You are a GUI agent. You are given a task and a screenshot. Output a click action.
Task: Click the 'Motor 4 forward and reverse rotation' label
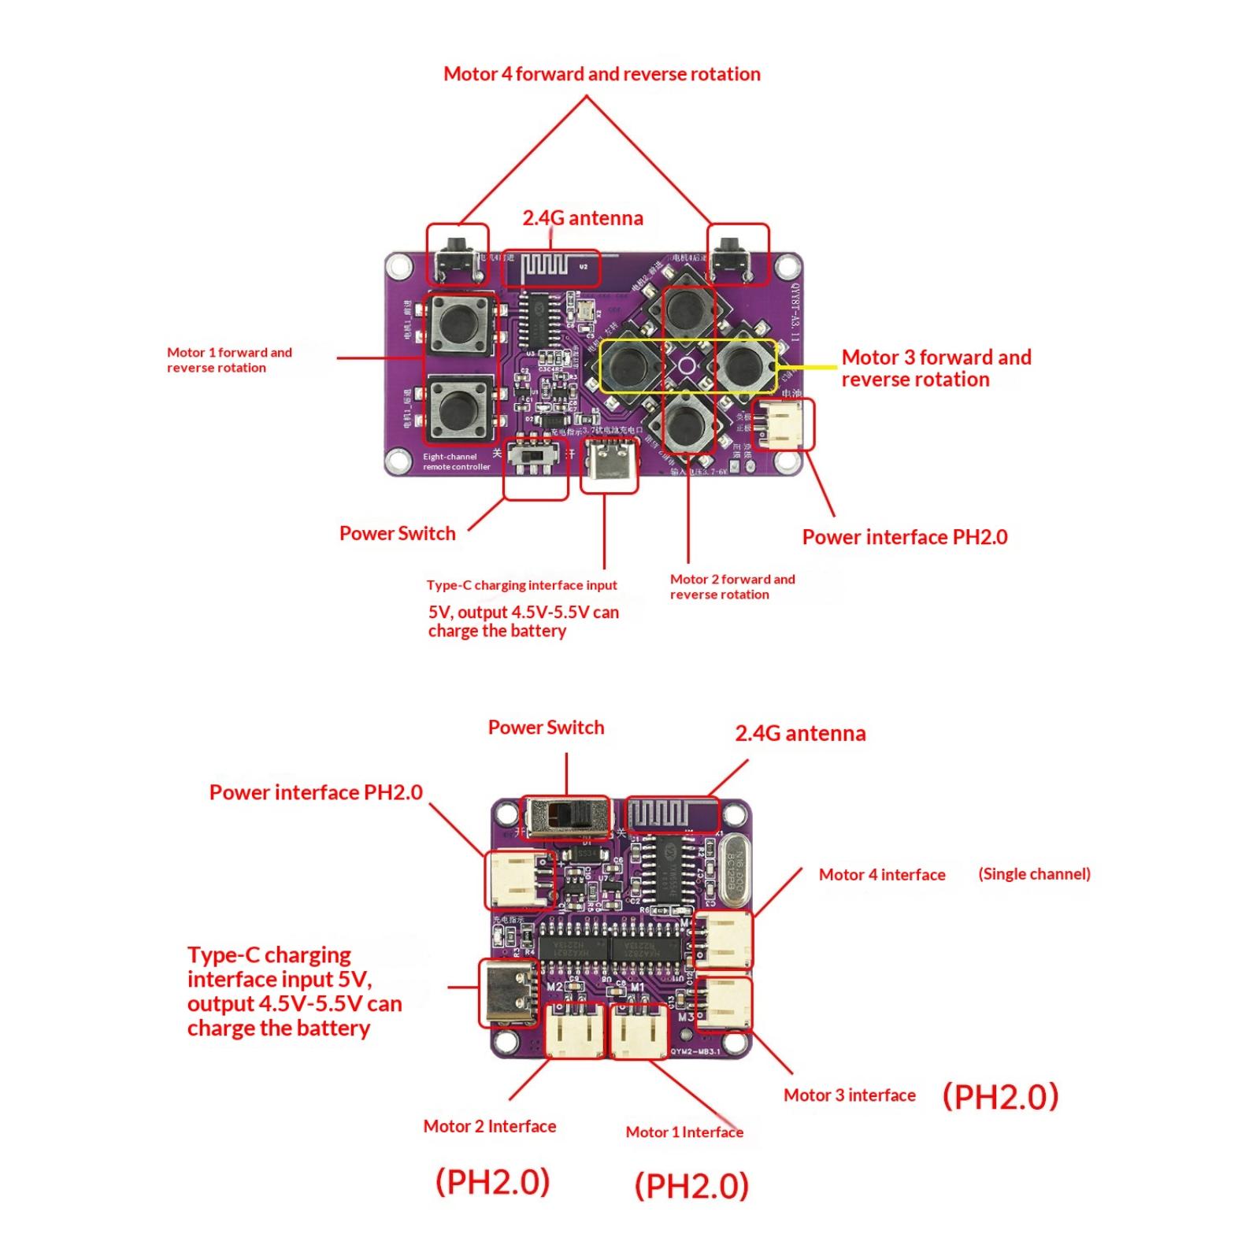tap(602, 74)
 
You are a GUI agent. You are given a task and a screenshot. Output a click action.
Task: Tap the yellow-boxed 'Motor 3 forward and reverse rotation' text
tap(936, 368)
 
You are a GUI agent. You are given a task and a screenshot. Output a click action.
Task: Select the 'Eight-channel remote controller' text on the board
tap(456, 461)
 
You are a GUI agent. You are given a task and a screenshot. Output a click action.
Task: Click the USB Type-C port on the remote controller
tap(609, 466)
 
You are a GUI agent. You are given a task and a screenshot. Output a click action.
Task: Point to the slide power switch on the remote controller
tap(535, 458)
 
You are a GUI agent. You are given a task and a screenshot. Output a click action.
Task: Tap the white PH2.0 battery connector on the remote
tap(784, 424)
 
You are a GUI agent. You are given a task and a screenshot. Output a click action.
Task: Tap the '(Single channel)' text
tap(1034, 873)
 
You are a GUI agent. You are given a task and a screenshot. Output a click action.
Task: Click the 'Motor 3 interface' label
tap(849, 1095)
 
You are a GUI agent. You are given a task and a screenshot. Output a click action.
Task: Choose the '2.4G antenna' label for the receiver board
tap(800, 733)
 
